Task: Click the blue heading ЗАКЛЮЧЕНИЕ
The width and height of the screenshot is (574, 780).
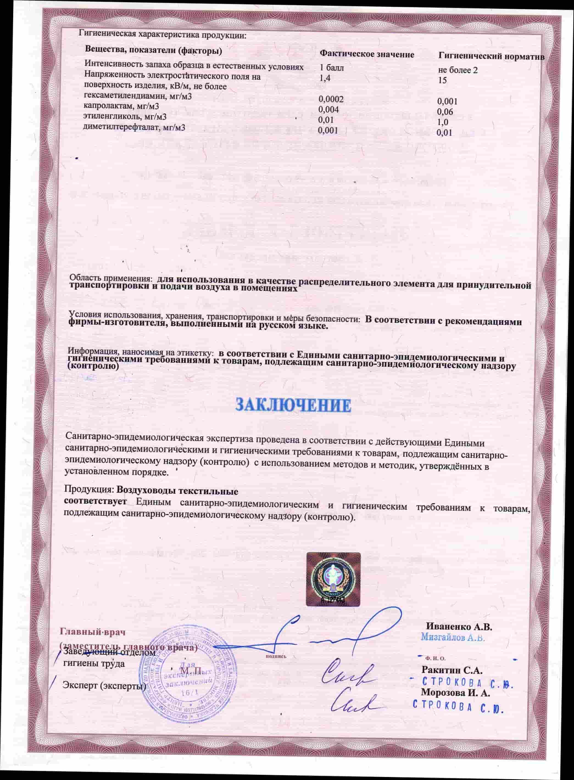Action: click(x=294, y=406)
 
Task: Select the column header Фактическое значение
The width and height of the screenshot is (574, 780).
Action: click(x=367, y=55)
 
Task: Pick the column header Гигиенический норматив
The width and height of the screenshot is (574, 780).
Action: click(x=491, y=57)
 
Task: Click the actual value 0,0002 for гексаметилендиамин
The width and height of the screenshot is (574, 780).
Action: click(x=331, y=100)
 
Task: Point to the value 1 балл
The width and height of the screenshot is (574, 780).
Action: click(x=331, y=68)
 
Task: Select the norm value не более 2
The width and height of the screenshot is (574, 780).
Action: click(x=458, y=71)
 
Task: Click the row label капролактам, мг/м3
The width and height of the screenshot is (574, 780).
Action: click(x=121, y=106)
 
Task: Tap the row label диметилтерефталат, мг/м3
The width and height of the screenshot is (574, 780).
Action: click(x=134, y=127)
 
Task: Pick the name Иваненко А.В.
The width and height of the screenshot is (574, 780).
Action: click(x=459, y=627)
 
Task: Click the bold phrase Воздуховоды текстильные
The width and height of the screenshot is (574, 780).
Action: click(x=177, y=492)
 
